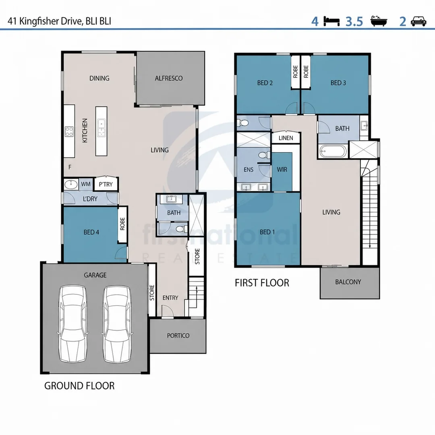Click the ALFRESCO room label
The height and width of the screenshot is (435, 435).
click(x=169, y=78)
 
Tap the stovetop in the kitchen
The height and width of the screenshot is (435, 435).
click(x=69, y=131)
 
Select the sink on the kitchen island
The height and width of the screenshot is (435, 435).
click(x=101, y=128)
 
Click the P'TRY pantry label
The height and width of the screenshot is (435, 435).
click(x=106, y=184)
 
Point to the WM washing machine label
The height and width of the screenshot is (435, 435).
click(x=86, y=184)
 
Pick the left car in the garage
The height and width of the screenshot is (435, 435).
click(x=73, y=323)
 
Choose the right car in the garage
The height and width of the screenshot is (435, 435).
click(x=117, y=323)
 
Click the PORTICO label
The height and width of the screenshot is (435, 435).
click(x=178, y=336)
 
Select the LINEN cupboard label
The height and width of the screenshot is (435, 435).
click(x=286, y=138)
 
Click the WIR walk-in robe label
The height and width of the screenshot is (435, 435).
click(x=282, y=170)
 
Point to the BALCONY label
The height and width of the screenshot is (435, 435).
click(x=348, y=282)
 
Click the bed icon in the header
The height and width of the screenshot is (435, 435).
click(x=331, y=21)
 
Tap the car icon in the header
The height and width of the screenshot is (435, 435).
click(x=418, y=21)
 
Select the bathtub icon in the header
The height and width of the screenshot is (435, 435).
click(x=379, y=21)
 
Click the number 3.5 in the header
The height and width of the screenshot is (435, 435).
click(x=354, y=22)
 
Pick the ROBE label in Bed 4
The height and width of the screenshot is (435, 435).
click(x=122, y=224)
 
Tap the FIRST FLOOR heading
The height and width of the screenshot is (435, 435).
click(x=262, y=283)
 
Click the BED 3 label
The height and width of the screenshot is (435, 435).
click(x=338, y=83)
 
